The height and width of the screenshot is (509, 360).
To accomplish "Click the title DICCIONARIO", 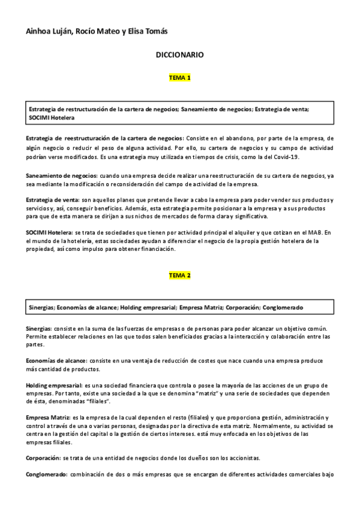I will click(x=179, y=55).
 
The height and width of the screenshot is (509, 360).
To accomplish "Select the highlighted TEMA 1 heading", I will click(x=180, y=78).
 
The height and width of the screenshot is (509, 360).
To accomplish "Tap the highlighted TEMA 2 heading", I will click(x=180, y=275).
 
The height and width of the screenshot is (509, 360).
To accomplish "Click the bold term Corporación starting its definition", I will click(x=42, y=457).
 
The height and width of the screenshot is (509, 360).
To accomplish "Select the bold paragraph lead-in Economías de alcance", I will click(x=56, y=361).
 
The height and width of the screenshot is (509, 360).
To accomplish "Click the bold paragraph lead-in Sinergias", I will click(x=38, y=330).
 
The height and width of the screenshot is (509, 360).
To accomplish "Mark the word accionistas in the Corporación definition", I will click(x=241, y=457).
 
